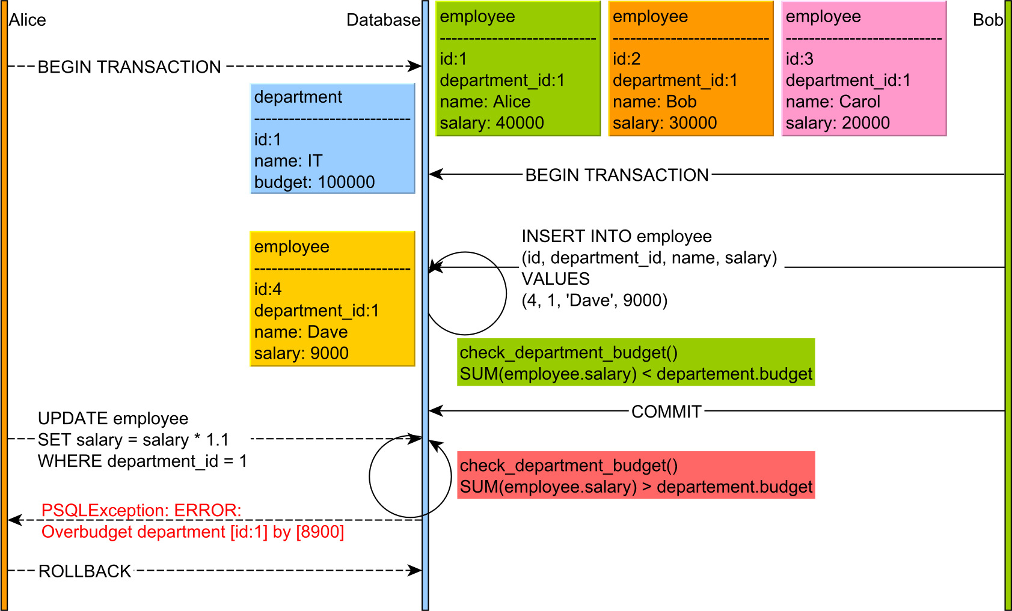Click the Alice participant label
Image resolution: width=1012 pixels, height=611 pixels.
[x=28, y=20]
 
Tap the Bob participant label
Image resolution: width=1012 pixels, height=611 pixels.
[x=987, y=20]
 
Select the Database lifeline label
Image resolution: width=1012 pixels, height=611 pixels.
[x=383, y=20]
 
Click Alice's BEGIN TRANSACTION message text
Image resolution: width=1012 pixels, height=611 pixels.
[x=129, y=67]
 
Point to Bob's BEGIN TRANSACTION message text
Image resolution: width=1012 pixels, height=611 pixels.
[x=617, y=175]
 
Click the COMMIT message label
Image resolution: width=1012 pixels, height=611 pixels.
[x=666, y=412]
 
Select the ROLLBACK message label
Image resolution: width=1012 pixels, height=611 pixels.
[x=85, y=571]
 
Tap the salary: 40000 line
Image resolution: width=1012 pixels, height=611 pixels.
[x=491, y=123]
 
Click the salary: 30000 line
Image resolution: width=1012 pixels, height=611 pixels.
[x=664, y=123]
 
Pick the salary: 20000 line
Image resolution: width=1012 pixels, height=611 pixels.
[x=838, y=123]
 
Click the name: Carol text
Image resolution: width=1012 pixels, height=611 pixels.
[x=833, y=102]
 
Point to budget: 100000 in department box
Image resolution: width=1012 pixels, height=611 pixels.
[x=314, y=182]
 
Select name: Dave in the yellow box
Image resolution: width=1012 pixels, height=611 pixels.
[x=301, y=332]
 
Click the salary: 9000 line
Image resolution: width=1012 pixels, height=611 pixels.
[x=301, y=353]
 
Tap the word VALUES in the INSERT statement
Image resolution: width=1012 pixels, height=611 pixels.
[x=556, y=279]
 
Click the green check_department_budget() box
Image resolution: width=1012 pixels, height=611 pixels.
[x=636, y=362]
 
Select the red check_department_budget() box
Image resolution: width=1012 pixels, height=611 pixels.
[x=636, y=475]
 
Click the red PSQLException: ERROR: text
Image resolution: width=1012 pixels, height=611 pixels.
[x=141, y=510]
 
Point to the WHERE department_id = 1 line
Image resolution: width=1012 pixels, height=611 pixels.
[x=143, y=461]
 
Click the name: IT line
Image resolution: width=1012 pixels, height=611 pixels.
[x=288, y=161]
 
